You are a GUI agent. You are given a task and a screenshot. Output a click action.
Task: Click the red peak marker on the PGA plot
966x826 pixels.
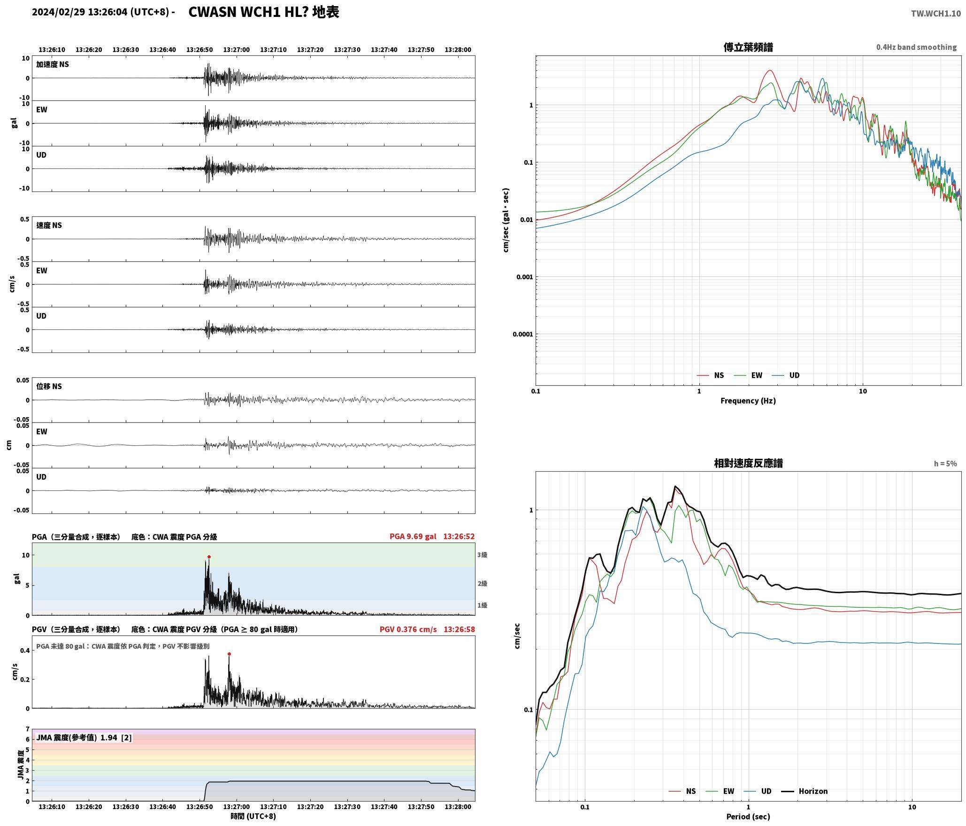pyautogui.click(x=209, y=557)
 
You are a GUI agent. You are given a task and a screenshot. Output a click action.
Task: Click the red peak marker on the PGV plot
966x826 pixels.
pyautogui.click(x=229, y=654)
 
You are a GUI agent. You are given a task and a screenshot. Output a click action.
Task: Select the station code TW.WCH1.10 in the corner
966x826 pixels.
pyautogui.click(x=935, y=14)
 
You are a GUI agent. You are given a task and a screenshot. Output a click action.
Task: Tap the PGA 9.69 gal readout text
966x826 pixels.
pyautogui.click(x=413, y=536)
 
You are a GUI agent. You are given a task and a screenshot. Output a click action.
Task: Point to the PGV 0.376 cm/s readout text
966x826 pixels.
pyautogui.click(x=408, y=629)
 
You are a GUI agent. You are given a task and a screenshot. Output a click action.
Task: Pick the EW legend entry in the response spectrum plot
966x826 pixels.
pyautogui.click(x=720, y=791)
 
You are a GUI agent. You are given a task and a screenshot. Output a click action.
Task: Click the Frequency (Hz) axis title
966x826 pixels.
pyautogui.click(x=748, y=401)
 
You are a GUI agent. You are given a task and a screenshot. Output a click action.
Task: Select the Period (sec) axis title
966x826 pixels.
pyautogui.click(x=748, y=817)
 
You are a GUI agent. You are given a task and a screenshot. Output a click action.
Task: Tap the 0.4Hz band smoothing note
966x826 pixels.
pyautogui.click(x=916, y=47)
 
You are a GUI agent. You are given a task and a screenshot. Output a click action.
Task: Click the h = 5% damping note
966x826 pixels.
pyautogui.click(x=945, y=464)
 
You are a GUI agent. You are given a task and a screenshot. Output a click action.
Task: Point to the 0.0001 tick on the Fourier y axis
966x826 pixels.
pyautogui.click(x=522, y=335)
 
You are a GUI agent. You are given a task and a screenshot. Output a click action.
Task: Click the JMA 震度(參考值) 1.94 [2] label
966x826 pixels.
pyautogui.click(x=84, y=738)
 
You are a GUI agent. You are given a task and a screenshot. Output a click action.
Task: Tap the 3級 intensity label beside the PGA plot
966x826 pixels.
pyautogui.click(x=482, y=555)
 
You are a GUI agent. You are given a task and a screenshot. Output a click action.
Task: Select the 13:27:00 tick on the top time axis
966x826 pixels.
pyautogui.click(x=236, y=50)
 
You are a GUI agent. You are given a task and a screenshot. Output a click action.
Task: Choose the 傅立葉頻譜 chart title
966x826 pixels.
pyautogui.click(x=748, y=47)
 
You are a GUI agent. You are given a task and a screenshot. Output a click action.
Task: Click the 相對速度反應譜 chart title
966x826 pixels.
pyautogui.click(x=748, y=463)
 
